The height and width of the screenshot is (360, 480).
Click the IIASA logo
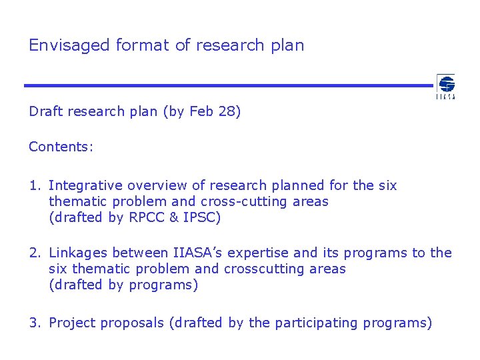[x=445, y=87]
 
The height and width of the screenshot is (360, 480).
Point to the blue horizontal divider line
[x=227, y=85]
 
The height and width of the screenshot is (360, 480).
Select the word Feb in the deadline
[x=201, y=111]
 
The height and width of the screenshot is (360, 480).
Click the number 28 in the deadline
[x=227, y=111]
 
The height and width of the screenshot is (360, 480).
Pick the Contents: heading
[x=61, y=147]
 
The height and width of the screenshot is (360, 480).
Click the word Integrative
[x=86, y=185]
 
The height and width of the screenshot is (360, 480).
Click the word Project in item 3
[x=71, y=323]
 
